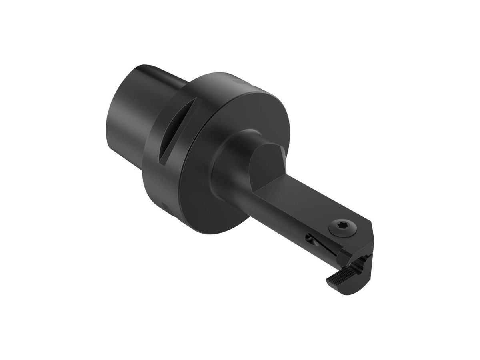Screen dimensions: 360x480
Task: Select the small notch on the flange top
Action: pyautogui.click(x=236, y=82)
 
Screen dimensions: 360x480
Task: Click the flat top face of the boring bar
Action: pyautogui.click(x=304, y=200)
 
